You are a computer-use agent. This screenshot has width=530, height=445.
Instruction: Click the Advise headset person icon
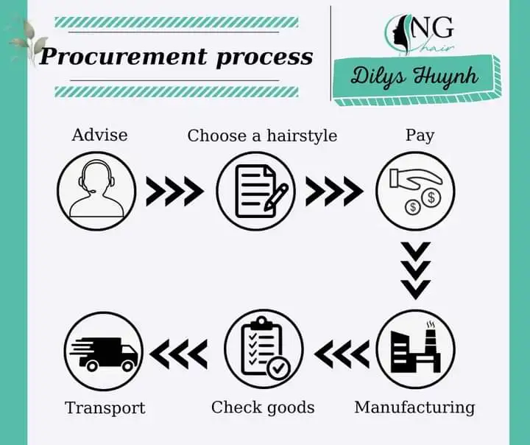(96, 191)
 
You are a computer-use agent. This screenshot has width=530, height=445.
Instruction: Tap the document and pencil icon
(255, 191)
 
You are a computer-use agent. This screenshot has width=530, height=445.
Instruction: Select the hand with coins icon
(416, 191)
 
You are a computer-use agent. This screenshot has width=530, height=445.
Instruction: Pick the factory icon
(416, 348)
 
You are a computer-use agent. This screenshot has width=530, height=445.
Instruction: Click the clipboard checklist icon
(263, 348)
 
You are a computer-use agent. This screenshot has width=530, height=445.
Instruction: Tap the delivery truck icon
(102, 349)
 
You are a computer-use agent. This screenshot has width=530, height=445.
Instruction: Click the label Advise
(99, 135)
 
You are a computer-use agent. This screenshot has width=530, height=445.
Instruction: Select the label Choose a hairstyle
(262, 136)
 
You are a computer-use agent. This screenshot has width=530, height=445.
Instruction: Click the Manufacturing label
(414, 407)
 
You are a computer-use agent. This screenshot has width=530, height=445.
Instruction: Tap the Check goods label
(263, 407)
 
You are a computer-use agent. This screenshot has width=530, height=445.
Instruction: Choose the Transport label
(105, 407)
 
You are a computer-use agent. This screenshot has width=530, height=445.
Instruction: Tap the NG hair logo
(419, 35)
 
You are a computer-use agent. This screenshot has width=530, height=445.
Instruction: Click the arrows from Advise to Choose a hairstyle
(175, 192)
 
